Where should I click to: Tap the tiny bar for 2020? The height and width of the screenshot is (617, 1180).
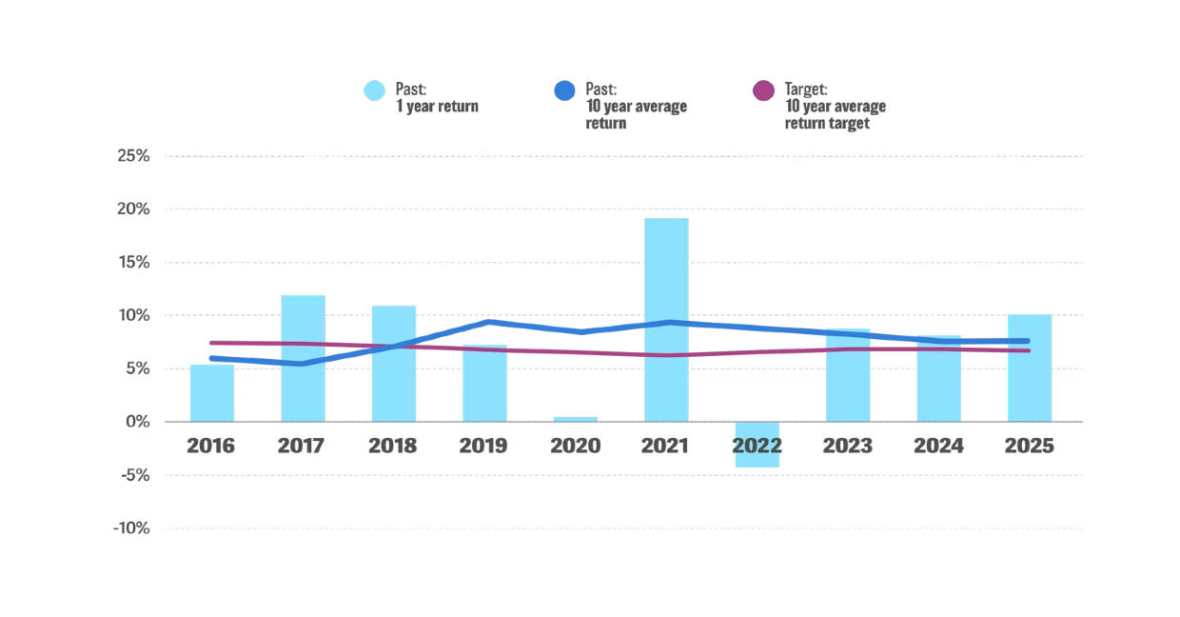coord(575,419)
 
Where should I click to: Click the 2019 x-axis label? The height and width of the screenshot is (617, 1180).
coord(483,446)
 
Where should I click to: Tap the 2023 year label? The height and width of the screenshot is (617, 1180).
coord(847,446)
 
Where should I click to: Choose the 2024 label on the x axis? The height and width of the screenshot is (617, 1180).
coord(938,446)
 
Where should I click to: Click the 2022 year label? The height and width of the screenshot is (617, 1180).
coord(757,446)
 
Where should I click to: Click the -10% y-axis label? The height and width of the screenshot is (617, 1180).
coord(130,528)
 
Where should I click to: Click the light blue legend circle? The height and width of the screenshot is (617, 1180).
coord(374,90)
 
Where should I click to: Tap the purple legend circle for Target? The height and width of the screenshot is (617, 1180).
coord(763,90)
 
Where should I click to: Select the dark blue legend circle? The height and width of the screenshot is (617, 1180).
coord(564,90)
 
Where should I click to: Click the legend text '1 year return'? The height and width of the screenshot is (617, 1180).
coord(437,107)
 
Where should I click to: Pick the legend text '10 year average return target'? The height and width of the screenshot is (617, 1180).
coord(835,114)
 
